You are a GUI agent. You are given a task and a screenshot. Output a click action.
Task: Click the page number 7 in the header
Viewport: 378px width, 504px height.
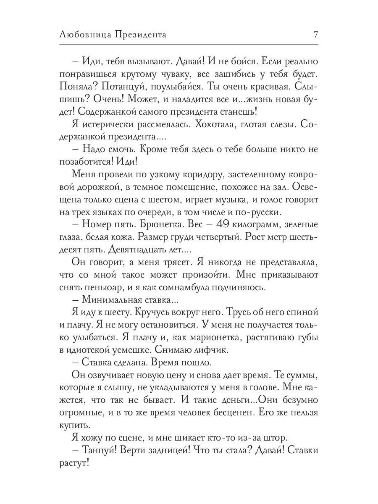(x=315, y=35)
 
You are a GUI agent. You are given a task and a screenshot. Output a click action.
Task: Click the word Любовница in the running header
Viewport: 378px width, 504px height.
(x=84, y=35)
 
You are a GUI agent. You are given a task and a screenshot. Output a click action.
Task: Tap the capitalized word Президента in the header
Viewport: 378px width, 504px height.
(x=139, y=35)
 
